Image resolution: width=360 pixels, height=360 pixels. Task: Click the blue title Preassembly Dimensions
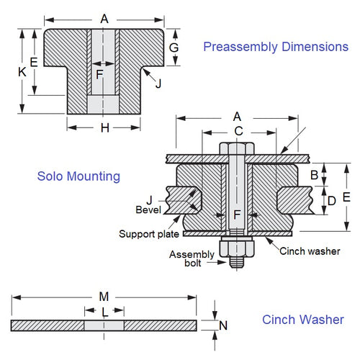click(x=275, y=47)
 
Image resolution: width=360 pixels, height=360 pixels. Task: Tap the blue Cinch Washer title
click(x=302, y=320)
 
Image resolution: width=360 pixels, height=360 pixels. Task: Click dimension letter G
click(x=173, y=48)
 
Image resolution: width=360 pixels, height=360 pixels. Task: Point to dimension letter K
click(x=22, y=72)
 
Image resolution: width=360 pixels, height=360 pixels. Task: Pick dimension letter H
click(x=104, y=127)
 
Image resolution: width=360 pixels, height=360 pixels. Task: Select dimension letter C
click(x=239, y=131)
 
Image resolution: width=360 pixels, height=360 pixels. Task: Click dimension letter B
click(x=314, y=175)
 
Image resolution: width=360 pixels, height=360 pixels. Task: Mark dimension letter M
click(x=104, y=297)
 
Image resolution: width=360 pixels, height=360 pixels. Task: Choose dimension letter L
click(x=104, y=312)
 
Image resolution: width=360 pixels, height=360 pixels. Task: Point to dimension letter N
click(x=223, y=325)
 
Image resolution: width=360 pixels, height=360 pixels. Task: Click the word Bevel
click(x=148, y=210)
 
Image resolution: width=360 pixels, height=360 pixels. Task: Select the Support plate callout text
click(x=148, y=234)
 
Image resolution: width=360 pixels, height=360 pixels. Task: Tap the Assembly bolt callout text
click(x=192, y=259)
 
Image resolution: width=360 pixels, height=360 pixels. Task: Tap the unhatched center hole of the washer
click(x=104, y=325)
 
